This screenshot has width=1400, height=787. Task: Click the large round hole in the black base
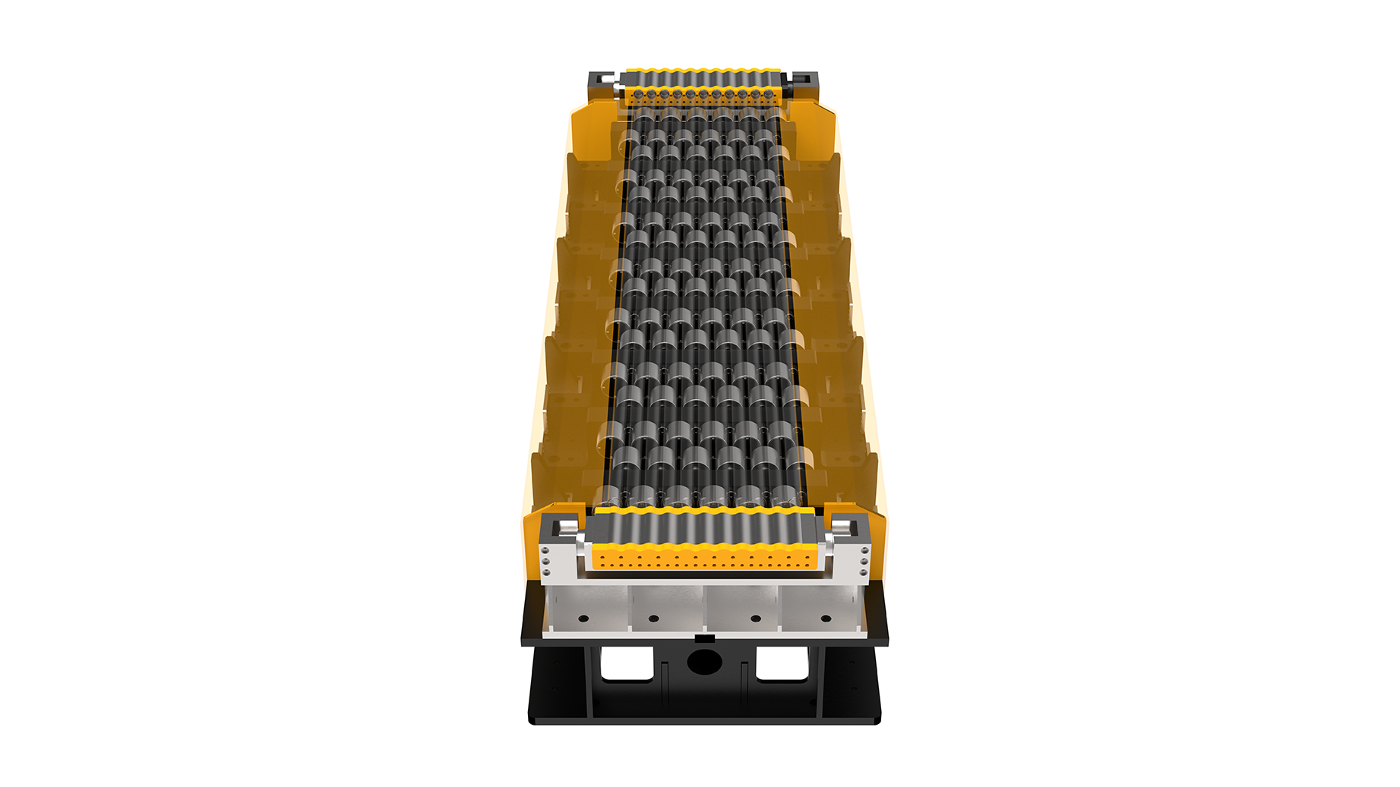coord(704,660)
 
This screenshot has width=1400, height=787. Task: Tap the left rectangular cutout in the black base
coord(627,663)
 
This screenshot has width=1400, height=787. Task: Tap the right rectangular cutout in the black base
coord(782,663)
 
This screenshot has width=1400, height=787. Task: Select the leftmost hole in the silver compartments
coord(583,619)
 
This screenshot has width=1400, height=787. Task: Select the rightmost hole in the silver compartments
coord(826,619)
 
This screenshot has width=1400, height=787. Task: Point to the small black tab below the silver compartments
coord(704,638)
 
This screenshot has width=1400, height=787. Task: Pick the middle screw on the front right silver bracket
coord(864,561)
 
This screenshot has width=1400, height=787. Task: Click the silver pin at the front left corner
coord(568,527)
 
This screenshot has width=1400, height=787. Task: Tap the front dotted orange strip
coord(704,560)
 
